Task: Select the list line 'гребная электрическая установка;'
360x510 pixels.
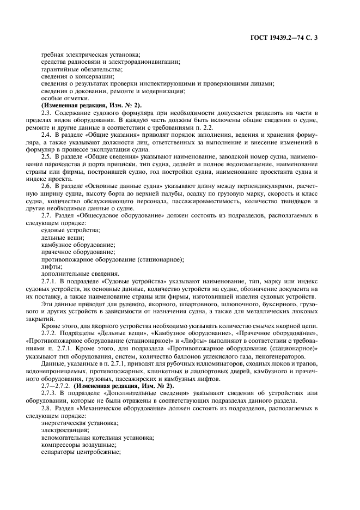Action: click(90, 54)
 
